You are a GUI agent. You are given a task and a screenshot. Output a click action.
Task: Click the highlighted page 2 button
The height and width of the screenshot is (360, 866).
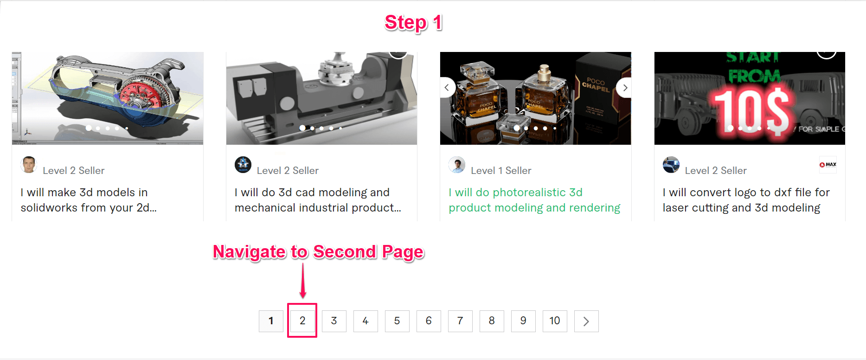point(302,321)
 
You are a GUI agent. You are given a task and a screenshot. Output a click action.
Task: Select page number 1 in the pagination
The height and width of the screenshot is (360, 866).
point(271,321)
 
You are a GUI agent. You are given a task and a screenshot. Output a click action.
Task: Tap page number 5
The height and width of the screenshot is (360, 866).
point(397,321)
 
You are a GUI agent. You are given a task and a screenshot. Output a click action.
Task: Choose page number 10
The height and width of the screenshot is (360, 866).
point(555,321)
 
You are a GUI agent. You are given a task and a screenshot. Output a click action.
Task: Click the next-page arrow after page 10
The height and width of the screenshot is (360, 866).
point(586,321)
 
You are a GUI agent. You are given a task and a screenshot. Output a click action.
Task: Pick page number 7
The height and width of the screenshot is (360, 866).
point(460,321)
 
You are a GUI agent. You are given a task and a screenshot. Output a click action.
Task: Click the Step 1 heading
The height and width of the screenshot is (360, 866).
point(413,23)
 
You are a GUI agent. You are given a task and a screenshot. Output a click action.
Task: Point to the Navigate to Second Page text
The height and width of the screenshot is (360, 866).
point(318,252)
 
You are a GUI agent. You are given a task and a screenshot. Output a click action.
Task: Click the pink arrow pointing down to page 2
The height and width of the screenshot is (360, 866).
point(303,281)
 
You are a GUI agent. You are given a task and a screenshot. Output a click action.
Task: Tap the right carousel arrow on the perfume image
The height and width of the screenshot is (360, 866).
point(625,88)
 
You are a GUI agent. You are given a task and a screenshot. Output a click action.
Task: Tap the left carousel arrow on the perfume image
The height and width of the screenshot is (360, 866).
point(447,88)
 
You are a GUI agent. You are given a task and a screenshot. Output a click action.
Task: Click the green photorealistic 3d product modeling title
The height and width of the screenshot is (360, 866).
point(534,200)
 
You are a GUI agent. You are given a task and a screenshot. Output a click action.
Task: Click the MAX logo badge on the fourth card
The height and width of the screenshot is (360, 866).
point(828,165)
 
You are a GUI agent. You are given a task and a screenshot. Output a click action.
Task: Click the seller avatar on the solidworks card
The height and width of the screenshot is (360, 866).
point(29,165)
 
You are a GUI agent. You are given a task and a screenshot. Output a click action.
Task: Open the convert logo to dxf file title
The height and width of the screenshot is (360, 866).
point(746,200)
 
